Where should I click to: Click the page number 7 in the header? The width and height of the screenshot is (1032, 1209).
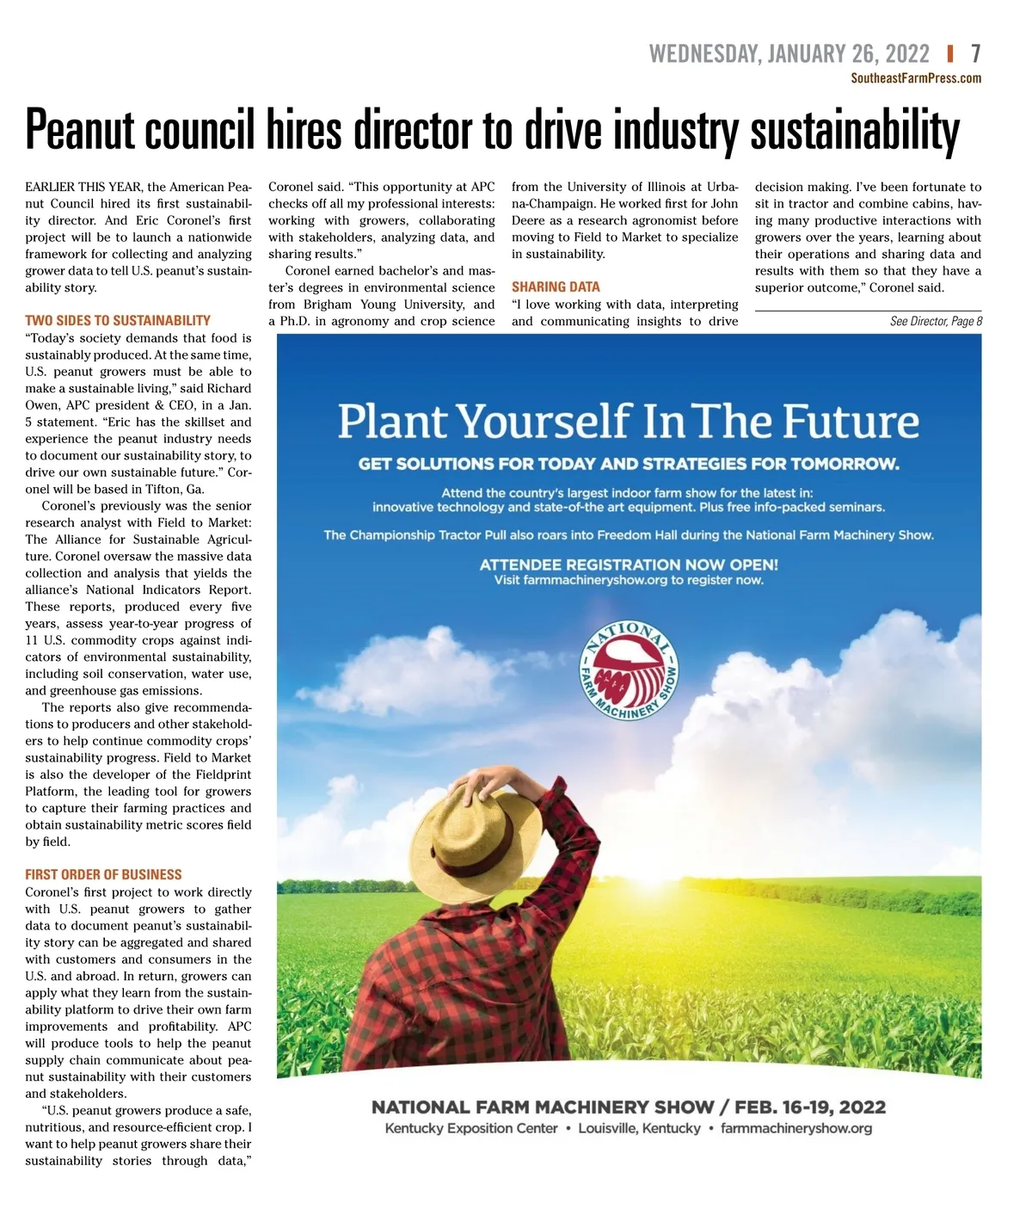975,54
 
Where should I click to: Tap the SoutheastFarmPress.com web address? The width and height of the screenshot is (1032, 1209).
916,78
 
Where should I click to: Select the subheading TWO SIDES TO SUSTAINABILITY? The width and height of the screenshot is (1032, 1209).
118,320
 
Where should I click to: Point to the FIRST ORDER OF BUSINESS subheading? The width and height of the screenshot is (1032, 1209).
103,874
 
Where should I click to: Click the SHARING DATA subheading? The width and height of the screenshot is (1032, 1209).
556,287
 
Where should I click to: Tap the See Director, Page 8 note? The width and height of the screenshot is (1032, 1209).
936,321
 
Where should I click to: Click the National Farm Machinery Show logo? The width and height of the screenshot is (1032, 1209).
630,670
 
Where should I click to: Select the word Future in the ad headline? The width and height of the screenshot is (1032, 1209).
851,422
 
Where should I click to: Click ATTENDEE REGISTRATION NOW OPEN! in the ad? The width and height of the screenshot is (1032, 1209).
629,564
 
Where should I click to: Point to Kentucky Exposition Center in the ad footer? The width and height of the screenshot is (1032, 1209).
471,1128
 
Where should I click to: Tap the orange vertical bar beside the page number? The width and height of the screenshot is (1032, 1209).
950,54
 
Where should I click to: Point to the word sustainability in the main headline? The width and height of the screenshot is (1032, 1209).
855,131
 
